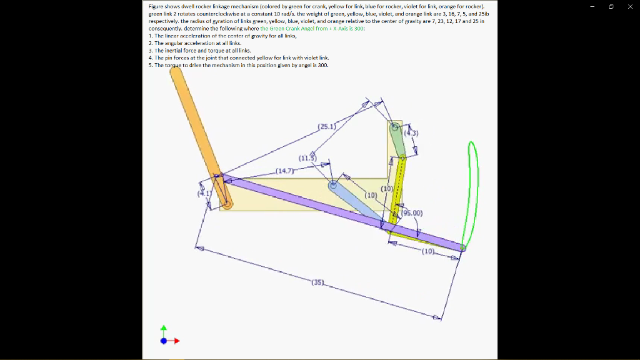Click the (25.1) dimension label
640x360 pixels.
327,127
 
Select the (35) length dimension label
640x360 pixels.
317,282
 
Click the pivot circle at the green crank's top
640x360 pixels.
395,127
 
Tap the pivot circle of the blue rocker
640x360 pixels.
333,184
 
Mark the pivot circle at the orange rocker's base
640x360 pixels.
227,204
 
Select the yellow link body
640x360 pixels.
397,187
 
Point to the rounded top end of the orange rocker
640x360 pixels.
176,72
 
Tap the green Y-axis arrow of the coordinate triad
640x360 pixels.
164,329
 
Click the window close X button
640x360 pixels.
630,6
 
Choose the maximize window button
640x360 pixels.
611,6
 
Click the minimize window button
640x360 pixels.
592,6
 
